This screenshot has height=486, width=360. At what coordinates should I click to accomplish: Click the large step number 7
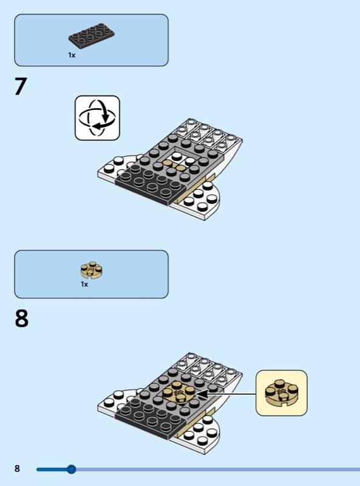click(x=21, y=86)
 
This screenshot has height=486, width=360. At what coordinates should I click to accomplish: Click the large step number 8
click(x=21, y=318)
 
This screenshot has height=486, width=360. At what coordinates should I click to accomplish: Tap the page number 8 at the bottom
click(x=17, y=468)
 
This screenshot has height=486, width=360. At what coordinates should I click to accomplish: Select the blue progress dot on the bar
click(x=71, y=469)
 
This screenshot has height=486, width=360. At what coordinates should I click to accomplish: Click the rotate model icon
click(x=97, y=118)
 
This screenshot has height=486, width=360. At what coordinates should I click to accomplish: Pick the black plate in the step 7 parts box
click(x=92, y=36)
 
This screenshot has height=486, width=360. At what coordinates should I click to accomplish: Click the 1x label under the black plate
click(x=72, y=55)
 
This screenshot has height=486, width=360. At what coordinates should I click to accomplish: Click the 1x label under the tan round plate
click(x=84, y=284)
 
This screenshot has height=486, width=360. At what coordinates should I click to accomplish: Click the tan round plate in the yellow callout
click(x=282, y=393)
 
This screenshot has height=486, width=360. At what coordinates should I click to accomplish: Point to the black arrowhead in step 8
click(x=202, y=394)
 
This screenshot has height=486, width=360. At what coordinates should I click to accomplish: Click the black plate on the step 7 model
click(x=151, y=185)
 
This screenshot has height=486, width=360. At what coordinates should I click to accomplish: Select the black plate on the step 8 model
click(x=151, y=419)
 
